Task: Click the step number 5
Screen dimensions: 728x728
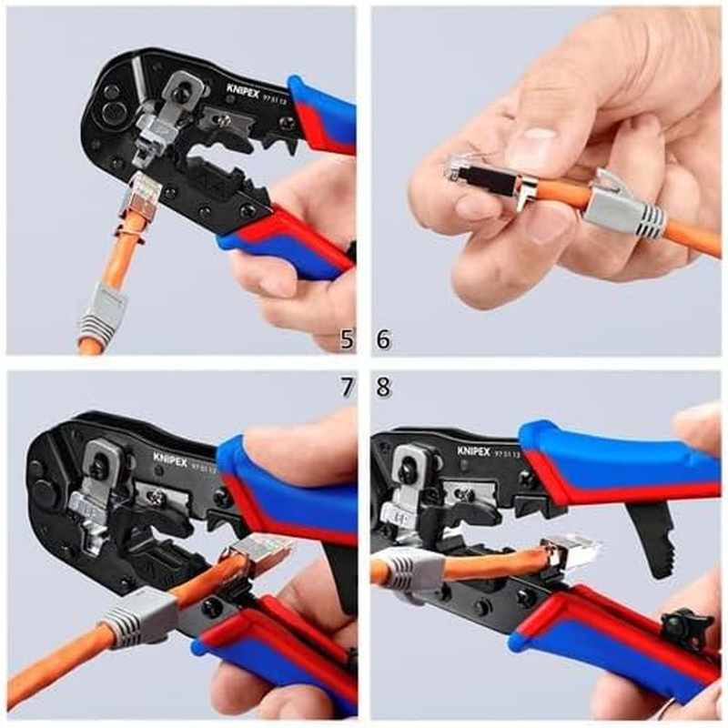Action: click(x=347, y=339)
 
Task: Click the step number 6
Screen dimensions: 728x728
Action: click(x=383, y=339)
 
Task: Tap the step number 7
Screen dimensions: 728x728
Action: click(x=347, y=386)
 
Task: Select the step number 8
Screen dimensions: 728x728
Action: click(x=383, y=386)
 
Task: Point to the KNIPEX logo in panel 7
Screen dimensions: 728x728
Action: click(x=170, y=460)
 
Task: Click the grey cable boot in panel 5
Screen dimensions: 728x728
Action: click(x=99, y=311)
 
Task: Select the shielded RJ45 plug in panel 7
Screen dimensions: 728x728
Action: click(x=260, y=552)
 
